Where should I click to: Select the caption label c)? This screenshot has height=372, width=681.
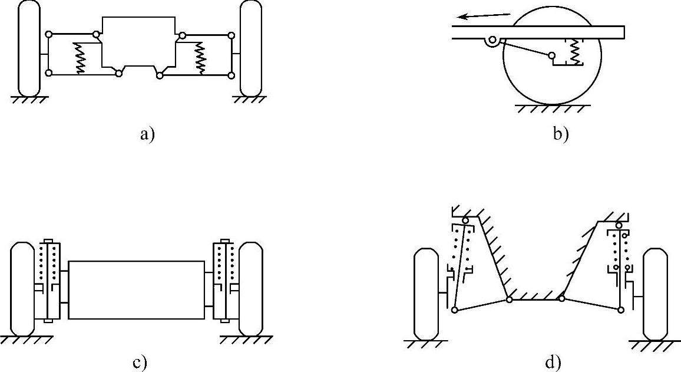(139, 363)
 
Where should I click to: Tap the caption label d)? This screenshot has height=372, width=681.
(553, 363)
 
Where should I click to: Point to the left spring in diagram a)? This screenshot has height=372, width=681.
(78, 58)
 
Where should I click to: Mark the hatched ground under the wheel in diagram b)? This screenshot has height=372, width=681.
(551, 109)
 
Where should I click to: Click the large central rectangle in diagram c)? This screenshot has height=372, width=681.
(136, 290)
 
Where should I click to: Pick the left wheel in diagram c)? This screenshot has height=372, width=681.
(23, 288)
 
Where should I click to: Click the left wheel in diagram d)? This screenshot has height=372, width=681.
(426, 294)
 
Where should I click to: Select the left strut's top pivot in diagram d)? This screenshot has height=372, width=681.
(465, 221)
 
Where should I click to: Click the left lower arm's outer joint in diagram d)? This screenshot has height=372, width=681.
(455, 310)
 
